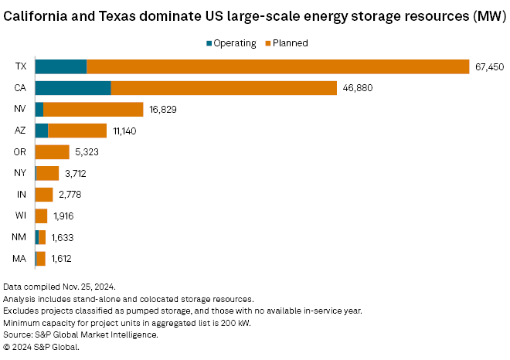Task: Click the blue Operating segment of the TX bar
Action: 60,66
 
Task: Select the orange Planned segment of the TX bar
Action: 278,66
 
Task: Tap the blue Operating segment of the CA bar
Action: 73,88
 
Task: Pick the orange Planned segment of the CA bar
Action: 224,88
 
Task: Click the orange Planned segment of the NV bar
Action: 93,110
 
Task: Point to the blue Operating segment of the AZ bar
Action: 42,131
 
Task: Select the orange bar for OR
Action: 52,152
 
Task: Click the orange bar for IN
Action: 44,195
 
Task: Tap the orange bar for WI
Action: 41,216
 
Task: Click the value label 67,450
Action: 489,67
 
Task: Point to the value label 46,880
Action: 357,88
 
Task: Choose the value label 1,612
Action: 63,259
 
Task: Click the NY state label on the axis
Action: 21,174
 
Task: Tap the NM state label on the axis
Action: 21,237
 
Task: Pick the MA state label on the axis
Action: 21,259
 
